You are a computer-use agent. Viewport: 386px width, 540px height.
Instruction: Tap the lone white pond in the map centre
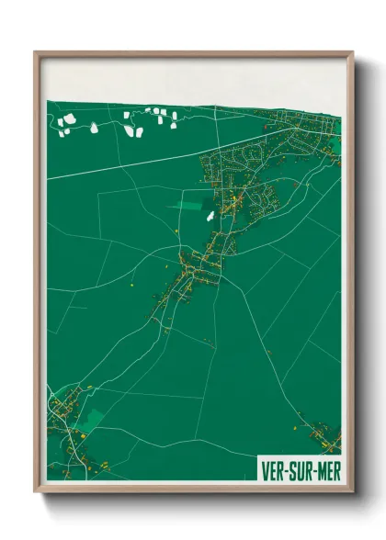click(x=210, y=217)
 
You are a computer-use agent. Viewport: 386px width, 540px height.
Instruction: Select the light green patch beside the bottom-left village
click(x=93, y=419)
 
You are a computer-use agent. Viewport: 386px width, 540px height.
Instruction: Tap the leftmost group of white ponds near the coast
click(x=66, y=123)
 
